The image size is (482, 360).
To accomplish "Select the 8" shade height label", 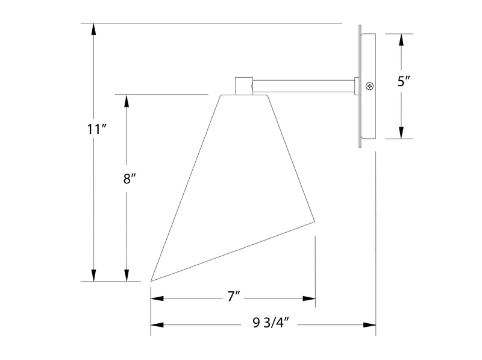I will pos(130,178).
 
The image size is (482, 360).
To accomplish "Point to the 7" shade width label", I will pos(234,297).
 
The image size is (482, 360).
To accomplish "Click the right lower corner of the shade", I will pos(315,221).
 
